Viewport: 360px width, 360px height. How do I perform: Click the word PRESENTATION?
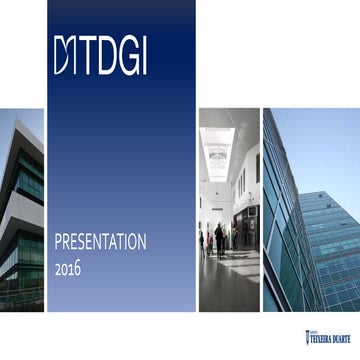point(100,242)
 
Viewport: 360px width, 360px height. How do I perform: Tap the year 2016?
point(68,268)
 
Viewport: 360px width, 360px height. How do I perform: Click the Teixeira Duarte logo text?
point(333,337)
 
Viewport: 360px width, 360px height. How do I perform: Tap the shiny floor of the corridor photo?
point(228,285)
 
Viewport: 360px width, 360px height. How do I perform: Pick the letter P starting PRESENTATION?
point(57,242)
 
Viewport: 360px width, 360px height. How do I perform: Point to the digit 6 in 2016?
point(77,268)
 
